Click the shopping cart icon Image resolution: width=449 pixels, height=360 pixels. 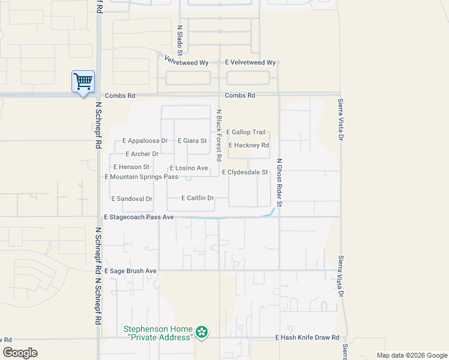point(83,81)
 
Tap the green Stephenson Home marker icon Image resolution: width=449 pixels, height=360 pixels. point(202,332)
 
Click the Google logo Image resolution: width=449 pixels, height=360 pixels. point(20,353)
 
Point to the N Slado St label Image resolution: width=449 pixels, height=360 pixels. point(179,38)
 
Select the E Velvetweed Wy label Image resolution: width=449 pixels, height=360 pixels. point(250,62)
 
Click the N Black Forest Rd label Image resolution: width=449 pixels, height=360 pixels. point(220,135)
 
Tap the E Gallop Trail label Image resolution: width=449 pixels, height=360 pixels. point(246,132)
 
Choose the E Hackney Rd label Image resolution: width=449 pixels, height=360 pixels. point(248,145)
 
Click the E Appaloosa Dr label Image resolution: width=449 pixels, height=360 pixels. point(145,141)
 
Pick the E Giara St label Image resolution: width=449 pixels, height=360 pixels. point(192,141)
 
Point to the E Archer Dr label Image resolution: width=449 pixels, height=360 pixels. point(142,154)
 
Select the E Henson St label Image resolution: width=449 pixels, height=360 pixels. point(131,167)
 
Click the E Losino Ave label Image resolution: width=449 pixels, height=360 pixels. point(188,168)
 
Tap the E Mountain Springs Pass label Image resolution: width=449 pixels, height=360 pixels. point(141,177)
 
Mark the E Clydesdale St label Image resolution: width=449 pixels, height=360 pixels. point(244,172)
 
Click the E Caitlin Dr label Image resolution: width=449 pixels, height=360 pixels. point(197,198)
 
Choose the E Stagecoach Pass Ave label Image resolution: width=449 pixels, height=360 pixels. point(139,217)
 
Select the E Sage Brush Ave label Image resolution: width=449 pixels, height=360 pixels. point(130,271)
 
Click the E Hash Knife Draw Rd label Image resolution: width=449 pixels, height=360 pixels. point(307,338)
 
